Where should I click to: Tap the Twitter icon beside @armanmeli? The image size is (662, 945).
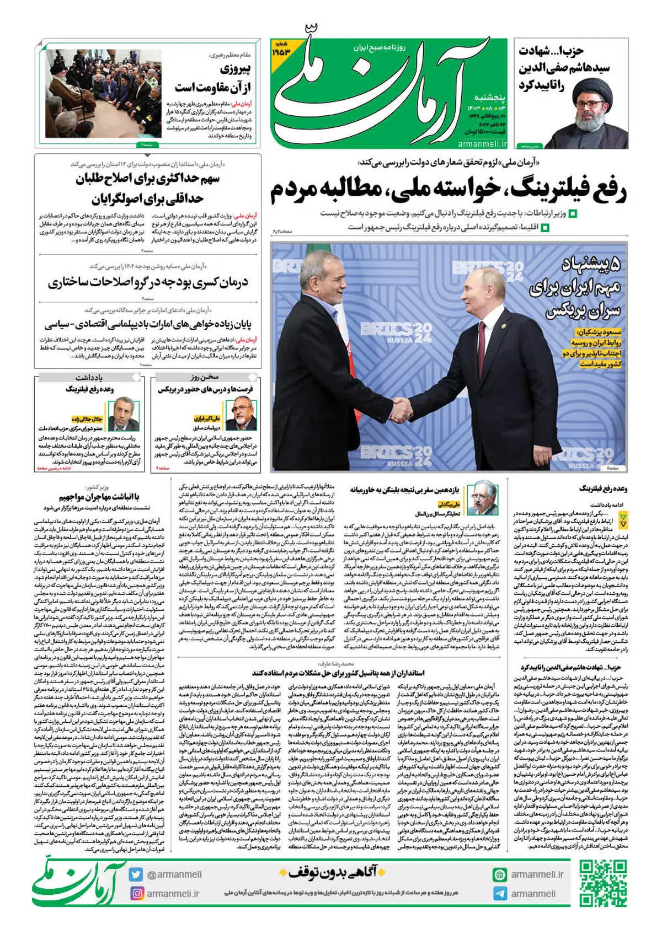pyautogui.click(x=136, y=874)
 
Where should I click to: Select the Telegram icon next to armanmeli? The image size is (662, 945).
pyautogui.click(x=500, y=894)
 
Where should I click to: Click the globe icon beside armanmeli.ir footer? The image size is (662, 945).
pyautogui.click(x=500, y=874)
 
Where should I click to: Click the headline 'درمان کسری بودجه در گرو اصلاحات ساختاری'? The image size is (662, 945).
pyautogui.click(x=148, y=283)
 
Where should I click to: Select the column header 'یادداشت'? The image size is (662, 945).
pyautogui.click(x=89, y=378)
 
